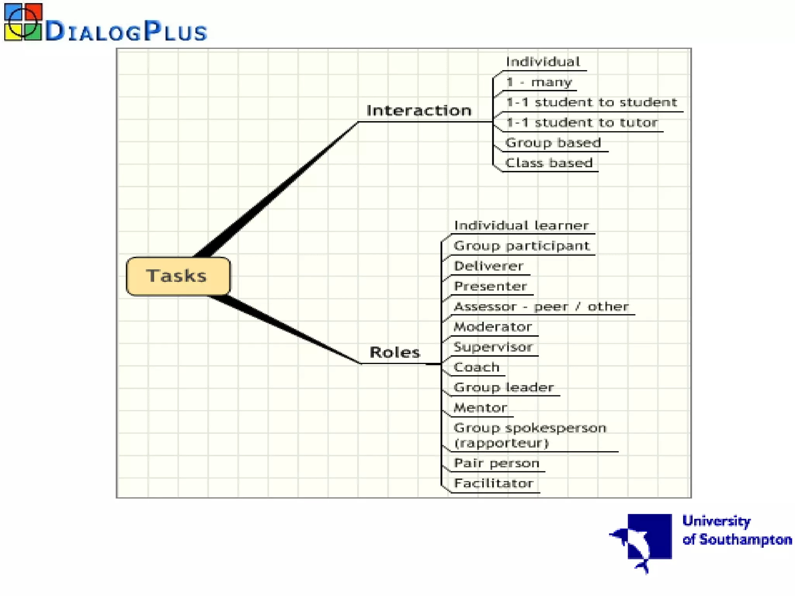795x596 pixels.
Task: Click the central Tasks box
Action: tap(178, 276)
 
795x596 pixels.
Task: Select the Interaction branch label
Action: tap(419, 111)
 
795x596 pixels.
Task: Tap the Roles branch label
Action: tap(394, 352)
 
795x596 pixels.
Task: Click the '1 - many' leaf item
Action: tap(539, 82)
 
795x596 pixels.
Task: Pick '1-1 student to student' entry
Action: tap(591, 102)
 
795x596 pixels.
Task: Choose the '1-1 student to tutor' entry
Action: tap(582, 123)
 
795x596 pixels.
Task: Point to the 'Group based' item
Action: tap(553, 143)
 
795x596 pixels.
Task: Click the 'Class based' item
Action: tap(549, 163)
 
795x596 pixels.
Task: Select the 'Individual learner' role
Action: tap(521, 225)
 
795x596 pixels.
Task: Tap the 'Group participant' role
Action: tap(521, 246)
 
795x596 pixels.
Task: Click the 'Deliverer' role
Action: tap(488, 266)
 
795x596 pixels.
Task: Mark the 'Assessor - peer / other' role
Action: tap(541, 307)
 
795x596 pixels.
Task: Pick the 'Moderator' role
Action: tap(493, 327)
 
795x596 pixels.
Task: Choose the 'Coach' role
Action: tap(476, 367)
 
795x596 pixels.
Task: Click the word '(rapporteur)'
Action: tap(501, 443)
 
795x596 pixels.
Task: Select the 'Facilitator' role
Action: tap(493, 483)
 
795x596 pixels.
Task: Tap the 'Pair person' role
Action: tap(496, 463)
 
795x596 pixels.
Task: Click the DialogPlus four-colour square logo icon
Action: tap(23, 23)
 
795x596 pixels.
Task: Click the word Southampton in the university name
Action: tap(745, 540)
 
